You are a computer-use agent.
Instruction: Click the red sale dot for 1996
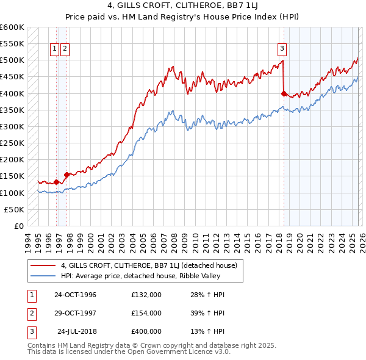pyautogui.click(x=56, y=182)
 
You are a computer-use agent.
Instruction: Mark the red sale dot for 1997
pyautogui.click(x=66, y=175)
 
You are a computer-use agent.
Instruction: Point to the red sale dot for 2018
pyautogui.click(x=284, y=93)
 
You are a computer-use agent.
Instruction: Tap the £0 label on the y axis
pyautogui.click(x=18, y=226)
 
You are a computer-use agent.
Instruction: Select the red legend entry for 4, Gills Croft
pyautogui.click(x=152, y=265)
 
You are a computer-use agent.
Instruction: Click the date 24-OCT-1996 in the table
pyautogui.click(x=75, y=295)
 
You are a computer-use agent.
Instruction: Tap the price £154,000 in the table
pyautogui.click(x=146, y=313)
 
